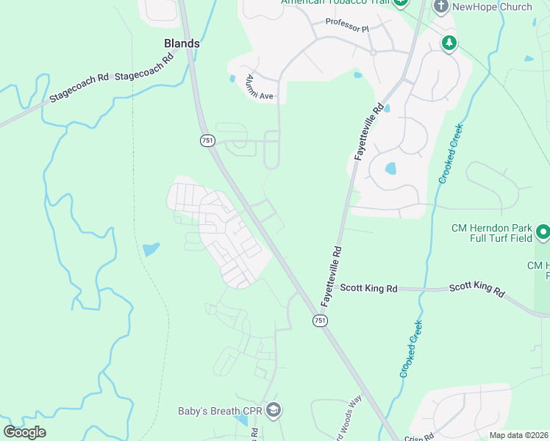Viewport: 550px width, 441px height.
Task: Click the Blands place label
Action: point(181,43)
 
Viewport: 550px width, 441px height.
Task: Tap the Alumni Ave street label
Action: point(259,87)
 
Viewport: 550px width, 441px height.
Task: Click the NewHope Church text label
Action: point(493,7)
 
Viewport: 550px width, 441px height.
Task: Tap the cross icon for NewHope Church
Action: point(441,7)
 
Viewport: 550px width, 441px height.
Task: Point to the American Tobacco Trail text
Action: point(335,3)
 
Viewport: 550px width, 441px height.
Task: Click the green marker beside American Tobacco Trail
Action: point(401,3)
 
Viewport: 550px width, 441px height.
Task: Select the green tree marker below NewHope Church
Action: point(449,43)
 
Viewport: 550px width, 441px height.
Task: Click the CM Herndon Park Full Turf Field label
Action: point(491,233)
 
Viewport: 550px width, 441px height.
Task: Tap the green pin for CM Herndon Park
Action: point(543,233)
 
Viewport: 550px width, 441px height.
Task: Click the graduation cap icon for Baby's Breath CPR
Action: point(273,409)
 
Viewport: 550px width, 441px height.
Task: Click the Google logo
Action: point(24,432)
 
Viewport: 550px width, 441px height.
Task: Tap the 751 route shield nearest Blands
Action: point(207,140)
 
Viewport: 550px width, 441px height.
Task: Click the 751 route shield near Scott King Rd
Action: point(320,320)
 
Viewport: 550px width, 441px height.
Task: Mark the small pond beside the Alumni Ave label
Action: point(232,79)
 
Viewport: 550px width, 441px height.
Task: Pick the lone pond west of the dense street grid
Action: point(151,249)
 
